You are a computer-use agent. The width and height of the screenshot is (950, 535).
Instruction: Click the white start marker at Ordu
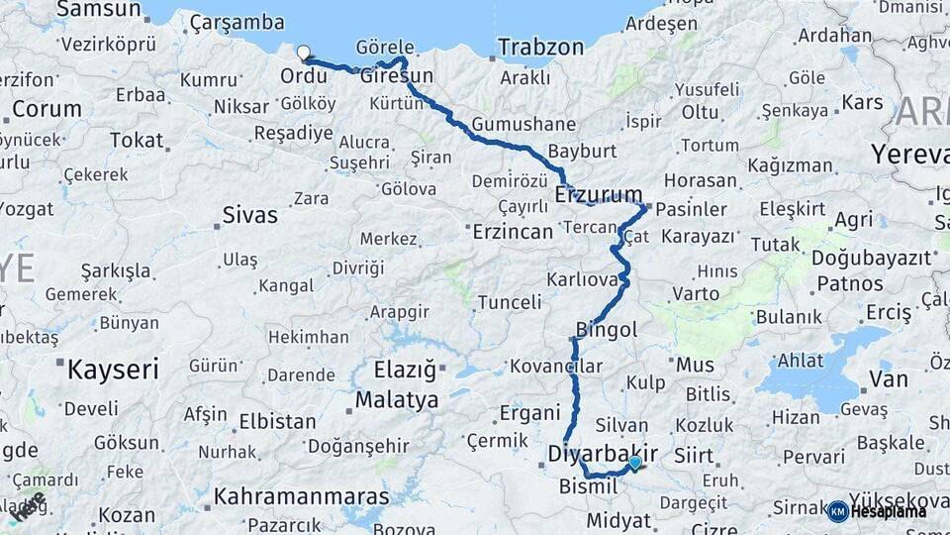pos(304,53)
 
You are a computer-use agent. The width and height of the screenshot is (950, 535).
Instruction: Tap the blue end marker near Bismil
pos(634,463)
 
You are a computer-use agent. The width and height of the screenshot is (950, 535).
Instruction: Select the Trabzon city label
pos(540,47)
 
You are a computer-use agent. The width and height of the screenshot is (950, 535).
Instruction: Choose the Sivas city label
pos(249,214)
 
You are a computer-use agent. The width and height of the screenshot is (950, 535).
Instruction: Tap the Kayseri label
pos(113,371)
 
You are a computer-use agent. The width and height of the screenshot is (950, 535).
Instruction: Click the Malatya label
pos(397,400)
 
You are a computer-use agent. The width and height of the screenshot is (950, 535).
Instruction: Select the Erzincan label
pos(512,232)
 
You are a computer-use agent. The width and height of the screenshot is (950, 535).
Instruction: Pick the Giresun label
pos(397,76)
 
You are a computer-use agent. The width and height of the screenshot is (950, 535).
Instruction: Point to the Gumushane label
pos(523,125)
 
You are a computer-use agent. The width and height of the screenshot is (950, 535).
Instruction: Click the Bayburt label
pos(582,152)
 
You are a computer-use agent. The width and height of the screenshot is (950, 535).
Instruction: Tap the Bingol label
pos(607,329)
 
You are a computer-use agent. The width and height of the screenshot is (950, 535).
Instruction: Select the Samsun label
pos(99,10)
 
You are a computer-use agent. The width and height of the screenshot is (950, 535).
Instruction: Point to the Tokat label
pos(136,140)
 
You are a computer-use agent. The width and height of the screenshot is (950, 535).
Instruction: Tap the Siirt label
pos(692,456)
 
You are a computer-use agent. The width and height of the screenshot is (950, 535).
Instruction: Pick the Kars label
pos(862,102)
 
